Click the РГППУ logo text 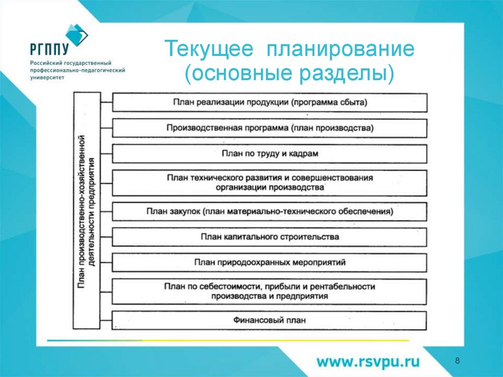49,49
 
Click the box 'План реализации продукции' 270,102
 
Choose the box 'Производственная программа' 270,128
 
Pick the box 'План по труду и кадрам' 270,153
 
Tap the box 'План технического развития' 270,182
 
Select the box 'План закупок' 270,211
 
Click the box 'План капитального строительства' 270,237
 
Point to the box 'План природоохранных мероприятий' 270,262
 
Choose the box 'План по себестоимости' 270,291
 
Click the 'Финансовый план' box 270,320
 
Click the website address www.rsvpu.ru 368,362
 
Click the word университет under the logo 47,78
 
